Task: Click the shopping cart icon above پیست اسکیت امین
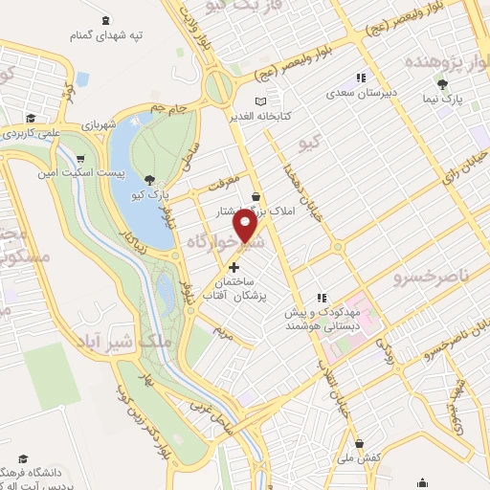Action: coord(80,159)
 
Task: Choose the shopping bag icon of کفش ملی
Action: coord(358,444)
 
